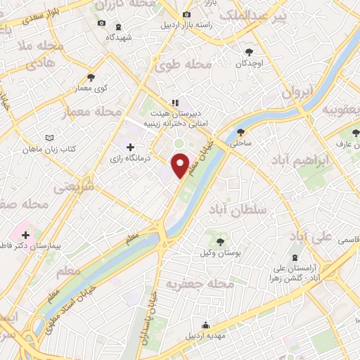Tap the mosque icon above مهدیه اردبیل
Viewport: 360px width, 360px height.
coord(205,325)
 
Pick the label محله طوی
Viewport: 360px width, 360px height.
coord(184,64)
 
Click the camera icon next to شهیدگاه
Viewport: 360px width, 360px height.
coord(101,23)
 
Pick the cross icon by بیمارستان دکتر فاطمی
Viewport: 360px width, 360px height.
coord(25,234)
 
